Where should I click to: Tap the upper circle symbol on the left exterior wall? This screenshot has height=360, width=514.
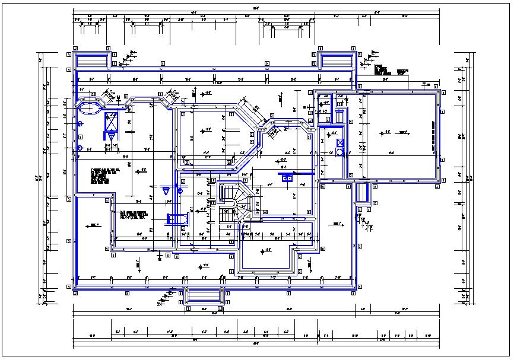pos(80,123)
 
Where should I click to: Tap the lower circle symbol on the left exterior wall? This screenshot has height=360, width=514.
pos(80,148)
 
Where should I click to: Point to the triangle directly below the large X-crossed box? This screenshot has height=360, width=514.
pos(111,137)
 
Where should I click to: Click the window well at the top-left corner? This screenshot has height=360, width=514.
pos(91,60)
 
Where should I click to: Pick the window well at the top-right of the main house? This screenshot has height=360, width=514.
pos(337,60)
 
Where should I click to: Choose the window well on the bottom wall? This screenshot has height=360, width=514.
pos(204,295)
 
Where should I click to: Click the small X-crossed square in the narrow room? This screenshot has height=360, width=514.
pos(340,142)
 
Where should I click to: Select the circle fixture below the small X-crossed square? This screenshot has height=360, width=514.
pos(340,152)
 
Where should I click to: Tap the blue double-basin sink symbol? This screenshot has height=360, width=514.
pos(288,177)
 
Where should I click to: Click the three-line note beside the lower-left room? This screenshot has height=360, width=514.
pos(134,215)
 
